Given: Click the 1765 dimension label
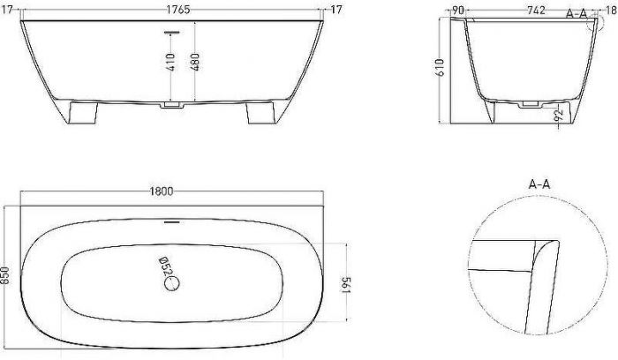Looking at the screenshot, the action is tap(177, 10).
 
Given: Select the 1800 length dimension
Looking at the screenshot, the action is tap(162, 191).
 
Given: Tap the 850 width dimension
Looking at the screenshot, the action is tap(4, 275).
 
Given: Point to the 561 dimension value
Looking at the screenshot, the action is tap(346, 285).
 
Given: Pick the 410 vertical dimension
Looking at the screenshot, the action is tap(170, 63).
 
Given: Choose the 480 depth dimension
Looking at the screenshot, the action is tap(195, 62).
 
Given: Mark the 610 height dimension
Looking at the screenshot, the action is tap(441, 67).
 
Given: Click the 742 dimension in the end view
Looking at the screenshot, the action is tap(537, 10).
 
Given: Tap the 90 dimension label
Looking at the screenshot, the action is tap(458, 10).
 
